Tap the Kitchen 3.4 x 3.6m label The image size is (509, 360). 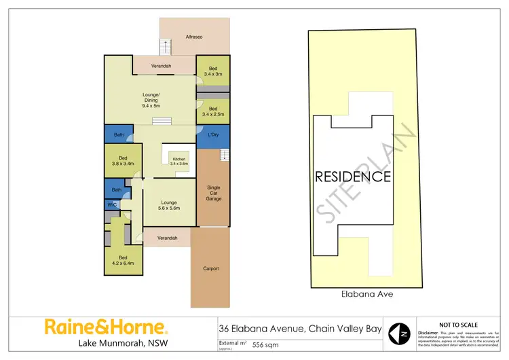click(x=178, y=161)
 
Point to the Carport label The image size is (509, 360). click(x=211, y=268)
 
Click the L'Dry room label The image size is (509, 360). click(x=213, y=135)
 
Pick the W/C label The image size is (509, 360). click(x=111, y=204)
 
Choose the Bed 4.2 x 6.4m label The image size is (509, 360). click(x=123, y=260)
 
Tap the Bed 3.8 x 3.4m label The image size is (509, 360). click(x=123, y=161)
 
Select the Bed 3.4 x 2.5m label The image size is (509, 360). click(x=213, y=111)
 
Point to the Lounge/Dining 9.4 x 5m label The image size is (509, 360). click(x=151, y=100)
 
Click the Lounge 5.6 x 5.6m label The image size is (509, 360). click(x=169, y=204)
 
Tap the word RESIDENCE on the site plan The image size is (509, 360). click(x=352, y=177)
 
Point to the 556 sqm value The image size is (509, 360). click(x=265, y=344)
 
